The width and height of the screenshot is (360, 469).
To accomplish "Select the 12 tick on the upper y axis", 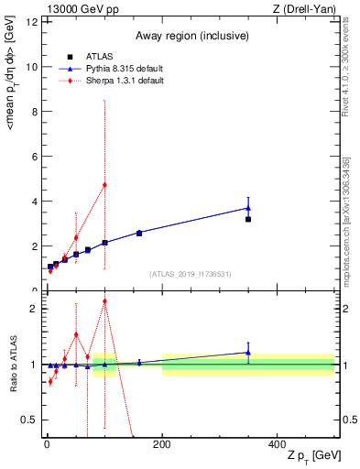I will tap(33, 22).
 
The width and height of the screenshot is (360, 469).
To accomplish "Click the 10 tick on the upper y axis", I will tap(33, 67).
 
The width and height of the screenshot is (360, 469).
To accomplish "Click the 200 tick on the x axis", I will tap(162, 444).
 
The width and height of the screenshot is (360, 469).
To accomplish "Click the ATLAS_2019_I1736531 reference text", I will tap(190, 274).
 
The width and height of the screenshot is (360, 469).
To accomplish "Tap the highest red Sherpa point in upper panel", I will tap(104, 184).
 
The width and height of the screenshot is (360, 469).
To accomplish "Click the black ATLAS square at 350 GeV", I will tap(248, 219).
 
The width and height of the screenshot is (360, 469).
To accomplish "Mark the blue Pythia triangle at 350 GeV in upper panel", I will tap(248, 208).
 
